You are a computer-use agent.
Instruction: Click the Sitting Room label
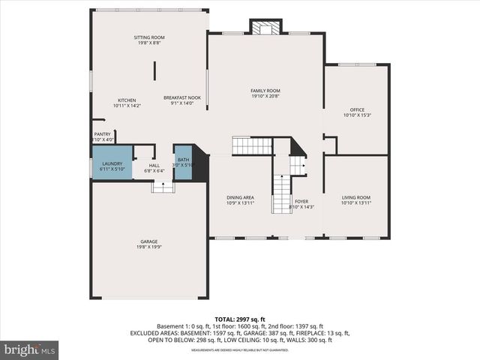tap(149, 37)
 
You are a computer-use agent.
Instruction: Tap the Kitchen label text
tap(126, 100)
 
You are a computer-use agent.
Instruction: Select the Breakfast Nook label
tap(182, 97)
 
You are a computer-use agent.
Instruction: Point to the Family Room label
tap(265, 91)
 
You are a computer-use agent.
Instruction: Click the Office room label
tap(357, 109)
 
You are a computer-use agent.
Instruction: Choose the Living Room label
tap(356, 197)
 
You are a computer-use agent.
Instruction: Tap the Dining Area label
tap(240, 197)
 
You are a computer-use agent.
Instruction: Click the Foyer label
tap(301, 201)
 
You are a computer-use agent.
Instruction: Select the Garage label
tap(148, 241)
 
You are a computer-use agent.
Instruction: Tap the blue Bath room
tap(183, 163)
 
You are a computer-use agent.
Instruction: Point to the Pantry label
tap(102, 134)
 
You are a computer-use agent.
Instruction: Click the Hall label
tap(154, 166)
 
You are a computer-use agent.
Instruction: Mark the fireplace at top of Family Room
tap(265, 28)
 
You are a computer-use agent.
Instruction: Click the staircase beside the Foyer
tap(281, 193)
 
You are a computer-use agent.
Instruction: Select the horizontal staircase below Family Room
tap(250, 145)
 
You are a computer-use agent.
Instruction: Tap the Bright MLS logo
tap(30, 349)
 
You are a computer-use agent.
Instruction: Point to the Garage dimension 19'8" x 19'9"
tap(148, 247)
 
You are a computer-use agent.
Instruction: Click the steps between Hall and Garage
tap(163, 187)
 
